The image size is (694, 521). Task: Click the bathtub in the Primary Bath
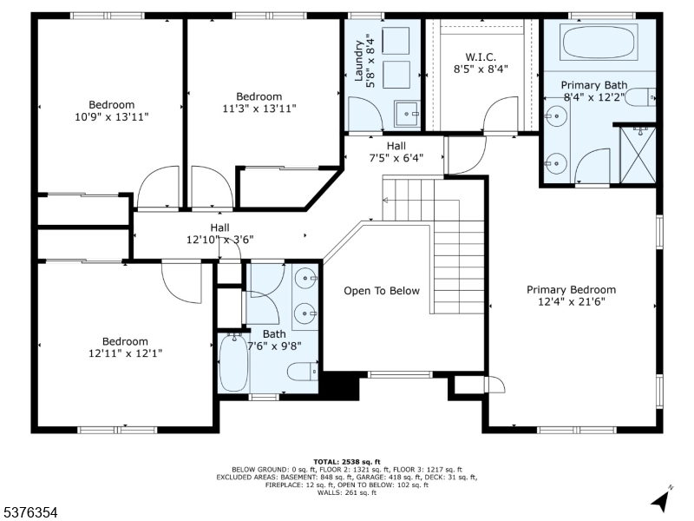click(x=599, y=42)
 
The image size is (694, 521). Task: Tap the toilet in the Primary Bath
click(x=640, y=97)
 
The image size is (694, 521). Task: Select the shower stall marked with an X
click(x=638, y=155)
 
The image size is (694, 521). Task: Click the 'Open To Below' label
click(x=382, y=291)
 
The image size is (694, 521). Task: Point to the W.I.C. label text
click(x=481, y=57)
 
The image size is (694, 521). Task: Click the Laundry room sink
click(x=407, y=114)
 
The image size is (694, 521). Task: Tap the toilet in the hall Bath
click(x=303, y=372)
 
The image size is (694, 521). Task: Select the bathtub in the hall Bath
click(x=233, y=363)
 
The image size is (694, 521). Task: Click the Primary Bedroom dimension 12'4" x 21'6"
click(x=572, y=302)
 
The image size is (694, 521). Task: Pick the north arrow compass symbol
click(x=662, y=499)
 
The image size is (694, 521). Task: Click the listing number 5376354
click(x=29, y=512)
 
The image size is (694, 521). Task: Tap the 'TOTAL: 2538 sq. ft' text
click(x=347, y=462)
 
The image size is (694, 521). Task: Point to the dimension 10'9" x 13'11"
click(x=112, y=117)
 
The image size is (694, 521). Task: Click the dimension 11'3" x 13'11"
click(x=259, y=109)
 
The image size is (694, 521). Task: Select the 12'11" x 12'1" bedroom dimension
click(x=125, y=353)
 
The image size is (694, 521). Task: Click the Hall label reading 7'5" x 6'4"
click(x=396, y=158)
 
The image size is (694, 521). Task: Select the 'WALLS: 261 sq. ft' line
click(x=347, y=492)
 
